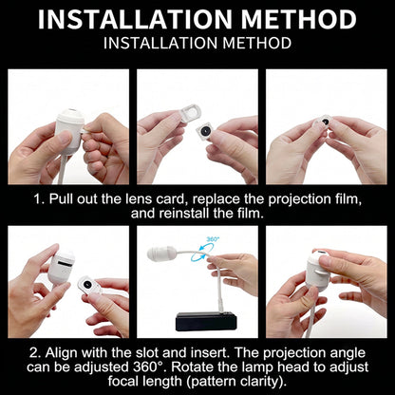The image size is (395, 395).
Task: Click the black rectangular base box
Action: click(206, 321)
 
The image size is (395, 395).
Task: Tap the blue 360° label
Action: click(213, 239)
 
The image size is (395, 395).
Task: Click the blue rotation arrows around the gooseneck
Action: click(200, 254)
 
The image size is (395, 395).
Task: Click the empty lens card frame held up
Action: click(191, 113)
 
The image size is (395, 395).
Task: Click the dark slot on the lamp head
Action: click(66, 263)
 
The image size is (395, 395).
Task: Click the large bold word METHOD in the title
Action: click(298, 20)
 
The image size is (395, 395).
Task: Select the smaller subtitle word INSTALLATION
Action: click(160, 43)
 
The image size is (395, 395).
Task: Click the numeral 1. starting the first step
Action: click(39, 199)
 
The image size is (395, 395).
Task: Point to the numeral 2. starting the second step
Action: click(35, 352)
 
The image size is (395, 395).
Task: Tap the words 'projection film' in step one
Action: click(314, 199)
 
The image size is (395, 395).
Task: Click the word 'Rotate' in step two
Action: click(189, 367)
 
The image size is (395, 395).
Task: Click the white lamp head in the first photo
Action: click(70, 130)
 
